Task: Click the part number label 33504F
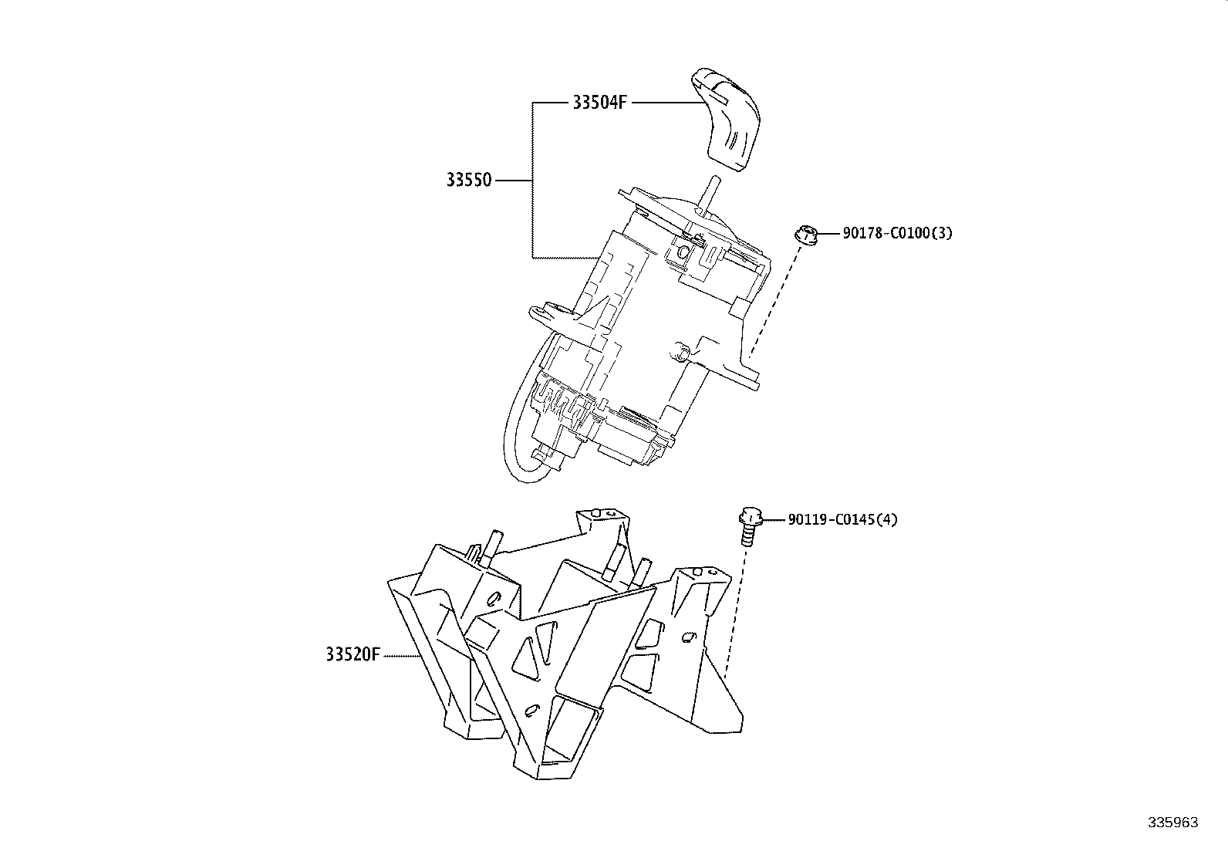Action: (x=598, y=102)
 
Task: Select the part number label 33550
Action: (x=468, y=181)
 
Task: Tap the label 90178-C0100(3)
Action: (x=896, y=233)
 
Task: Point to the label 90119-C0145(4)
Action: (x=842, y=519)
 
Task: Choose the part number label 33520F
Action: (x=353, y=655)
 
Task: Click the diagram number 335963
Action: (x=1173, y=823)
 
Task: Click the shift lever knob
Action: (x=727, y=116)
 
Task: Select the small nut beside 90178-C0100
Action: (x=805, y=234)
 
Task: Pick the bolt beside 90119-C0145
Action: (x=748, y=525)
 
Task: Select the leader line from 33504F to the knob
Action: (x=663, y=102)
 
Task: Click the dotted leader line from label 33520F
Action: (x=401, y=656)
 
